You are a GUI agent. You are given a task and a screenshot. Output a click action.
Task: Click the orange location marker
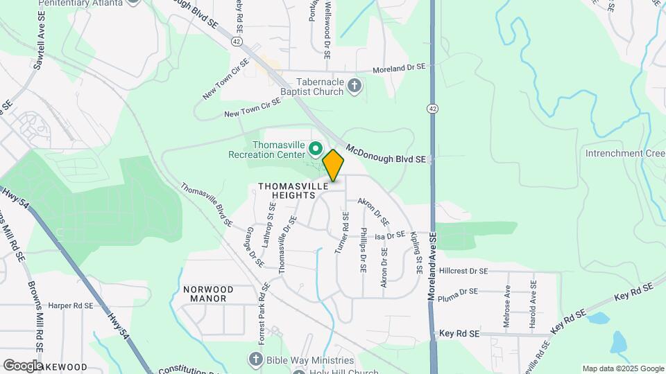334,165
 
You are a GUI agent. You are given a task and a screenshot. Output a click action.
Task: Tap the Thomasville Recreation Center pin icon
316,148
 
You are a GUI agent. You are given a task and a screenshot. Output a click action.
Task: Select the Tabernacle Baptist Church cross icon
355,86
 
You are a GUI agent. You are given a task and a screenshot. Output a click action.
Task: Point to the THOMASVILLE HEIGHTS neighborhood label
287,191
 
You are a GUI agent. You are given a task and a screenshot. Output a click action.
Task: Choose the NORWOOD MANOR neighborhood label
208,294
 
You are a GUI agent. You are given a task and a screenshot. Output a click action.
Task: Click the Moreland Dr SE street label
398,69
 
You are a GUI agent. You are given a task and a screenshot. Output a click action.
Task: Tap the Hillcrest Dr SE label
463,271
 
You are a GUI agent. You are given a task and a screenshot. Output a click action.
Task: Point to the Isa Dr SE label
389,236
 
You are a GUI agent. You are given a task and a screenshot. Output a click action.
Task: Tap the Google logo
22,365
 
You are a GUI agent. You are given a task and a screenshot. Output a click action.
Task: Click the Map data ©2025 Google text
622,368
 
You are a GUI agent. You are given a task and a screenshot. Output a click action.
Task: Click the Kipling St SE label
418,253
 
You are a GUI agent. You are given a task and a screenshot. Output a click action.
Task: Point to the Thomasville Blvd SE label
207,204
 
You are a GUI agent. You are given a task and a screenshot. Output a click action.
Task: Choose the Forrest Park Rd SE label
265,310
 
